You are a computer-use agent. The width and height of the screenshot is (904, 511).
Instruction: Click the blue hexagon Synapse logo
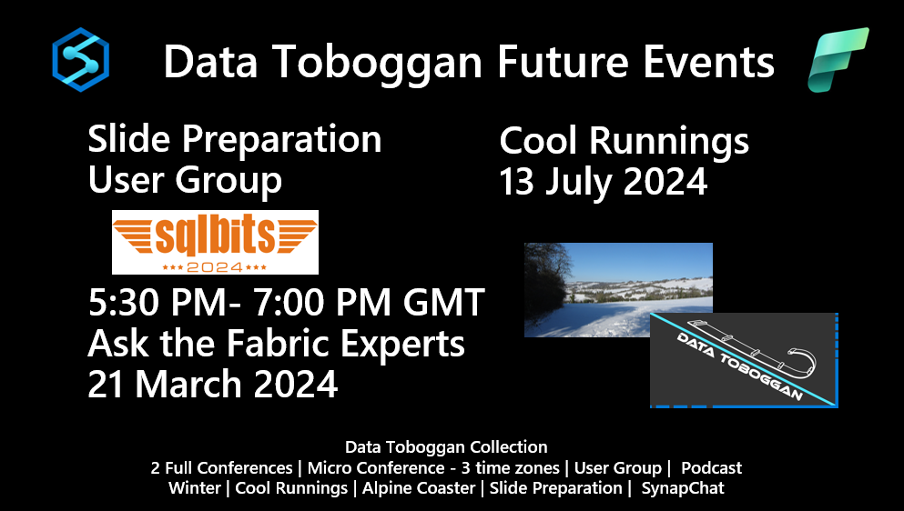pyautogui.click(x=81, y=59)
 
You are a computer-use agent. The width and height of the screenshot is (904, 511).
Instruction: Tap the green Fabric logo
pyautogui.click(x=838, y=59)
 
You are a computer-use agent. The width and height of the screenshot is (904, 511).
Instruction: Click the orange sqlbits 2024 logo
pyautogui.click(x=215, y=242)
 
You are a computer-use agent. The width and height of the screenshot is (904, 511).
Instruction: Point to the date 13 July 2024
pyautogui.click(x=603, y=182)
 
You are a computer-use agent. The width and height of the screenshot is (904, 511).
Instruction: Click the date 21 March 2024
pyautogui.click(x=213, y=384)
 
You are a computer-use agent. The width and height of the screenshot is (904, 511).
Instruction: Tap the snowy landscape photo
pyautogui.click(x=618, y=290)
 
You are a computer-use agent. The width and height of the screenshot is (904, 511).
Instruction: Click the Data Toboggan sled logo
pyautogui.click(x=744, y=360)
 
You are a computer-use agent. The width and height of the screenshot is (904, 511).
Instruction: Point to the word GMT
pyautogui.click(x=443, y=303)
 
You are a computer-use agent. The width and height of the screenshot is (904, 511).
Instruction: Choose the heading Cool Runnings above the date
pyautogui.click(x=624, y=142)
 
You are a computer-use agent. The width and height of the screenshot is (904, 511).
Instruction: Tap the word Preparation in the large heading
pyautogui.click(x=282, y=141)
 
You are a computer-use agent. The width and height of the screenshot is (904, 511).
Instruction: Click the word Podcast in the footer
pyautogui.click(x=711, y=467)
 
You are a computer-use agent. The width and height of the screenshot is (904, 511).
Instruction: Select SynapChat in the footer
pyautogui.click(x=683, y=488)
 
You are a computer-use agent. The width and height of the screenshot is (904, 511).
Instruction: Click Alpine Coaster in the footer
pyautogui.click(x=419, y=488)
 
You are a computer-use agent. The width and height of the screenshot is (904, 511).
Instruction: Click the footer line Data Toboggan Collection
pyautogui.click(x=446, y=447)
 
